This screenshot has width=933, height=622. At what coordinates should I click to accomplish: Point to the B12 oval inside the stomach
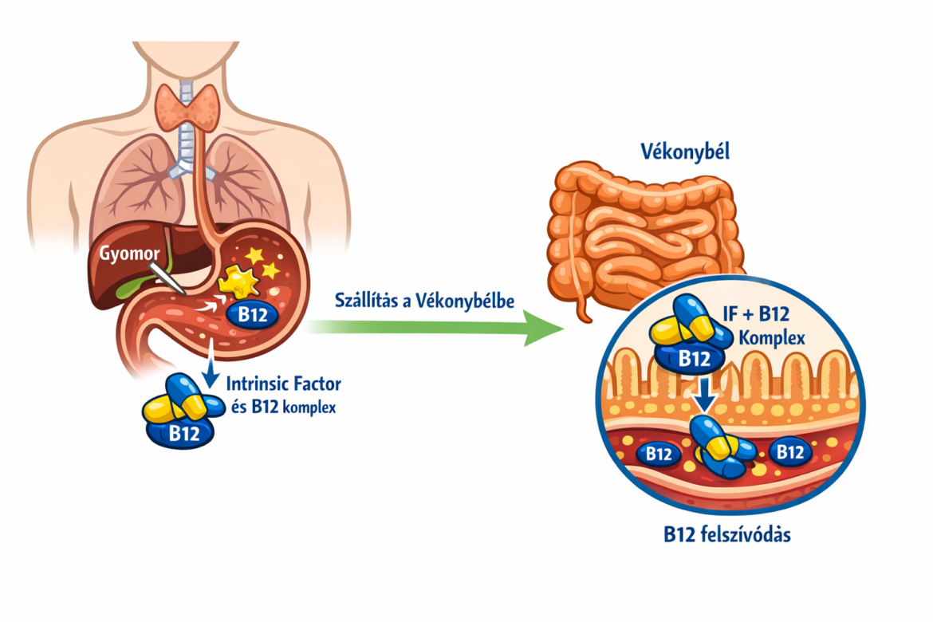pyautogui.click(x=253, y=313)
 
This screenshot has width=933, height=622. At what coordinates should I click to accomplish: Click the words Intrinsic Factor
pyautogui.click(x=285, y=384)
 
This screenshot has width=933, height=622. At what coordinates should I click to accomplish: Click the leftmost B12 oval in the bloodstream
pyautogui.click(x=658, y=454)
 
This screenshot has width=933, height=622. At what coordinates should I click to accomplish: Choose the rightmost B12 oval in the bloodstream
pyautogui.click(x=789, y=452)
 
